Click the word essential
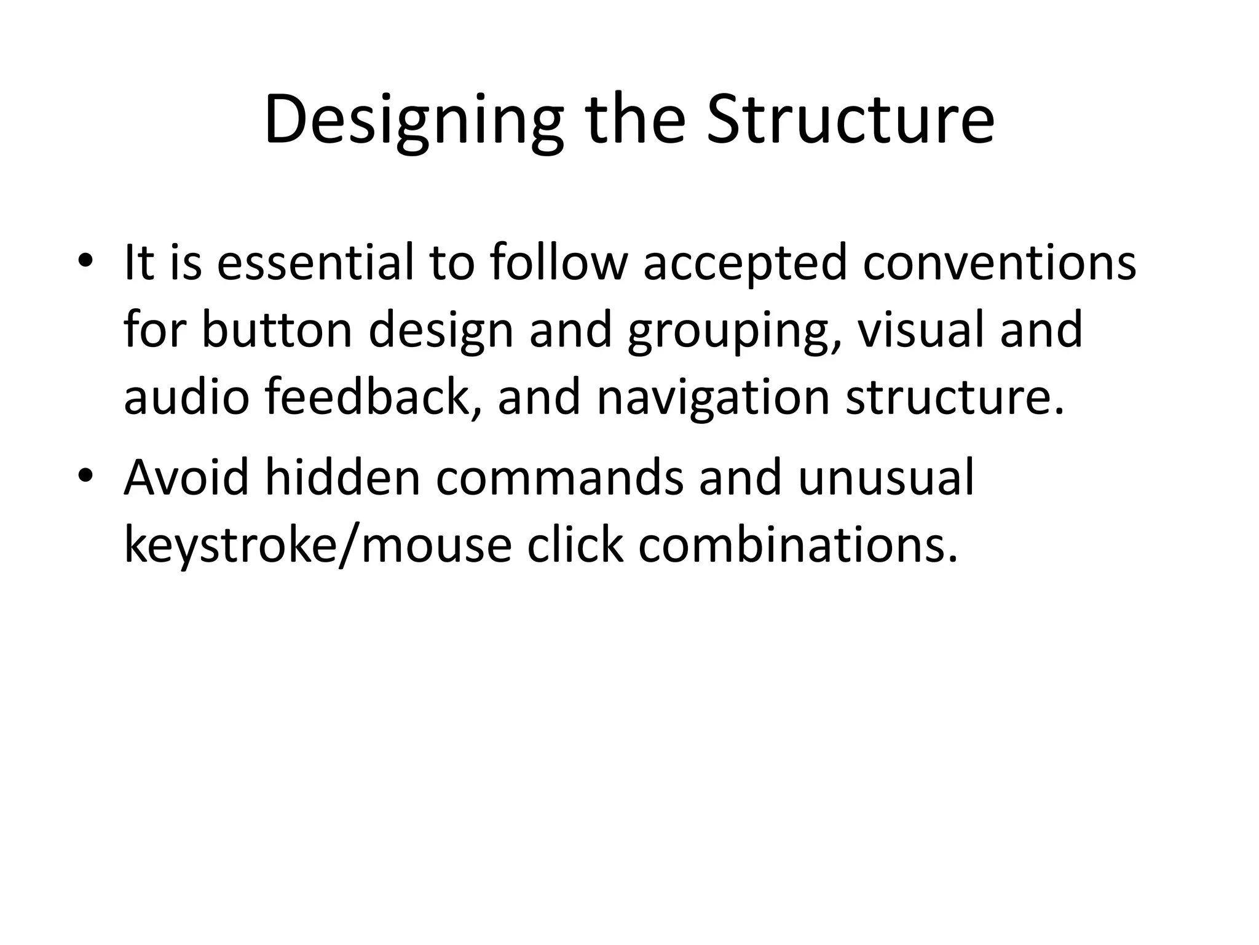pyautogui.click(x=315, y=262)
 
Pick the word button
pyautogui.click(x=277, y=330)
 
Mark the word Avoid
pyautogui.click(x=186, y=477)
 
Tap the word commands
pyautogui.click(x=559, y=478)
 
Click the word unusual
pyautogui.click(x=886, y=478)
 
